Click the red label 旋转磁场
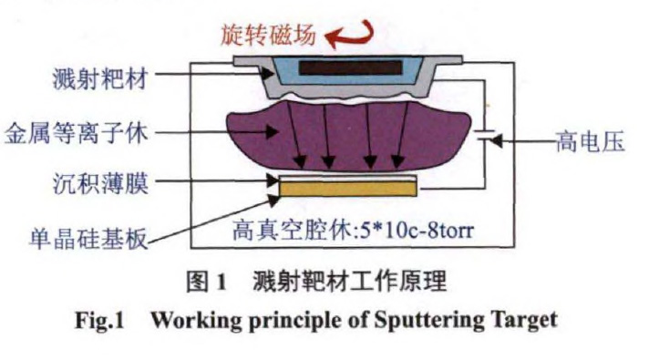click(268, 35)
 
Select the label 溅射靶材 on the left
click(99, 78)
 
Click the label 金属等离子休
click(77, 134)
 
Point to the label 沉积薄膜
click(100, 183)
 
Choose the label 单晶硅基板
click(88, 239)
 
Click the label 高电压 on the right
click(590, 142)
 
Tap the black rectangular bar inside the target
click(350, 67)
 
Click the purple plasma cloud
click(348, 137)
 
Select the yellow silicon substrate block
click(348, 189)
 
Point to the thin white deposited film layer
click(348, 179)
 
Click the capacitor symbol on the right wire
click(484, 135)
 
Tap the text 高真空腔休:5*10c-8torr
click(353, 231)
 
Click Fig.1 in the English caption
click(99, 321)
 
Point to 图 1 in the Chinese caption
click(206, 282)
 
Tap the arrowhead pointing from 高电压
click(496, 141)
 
